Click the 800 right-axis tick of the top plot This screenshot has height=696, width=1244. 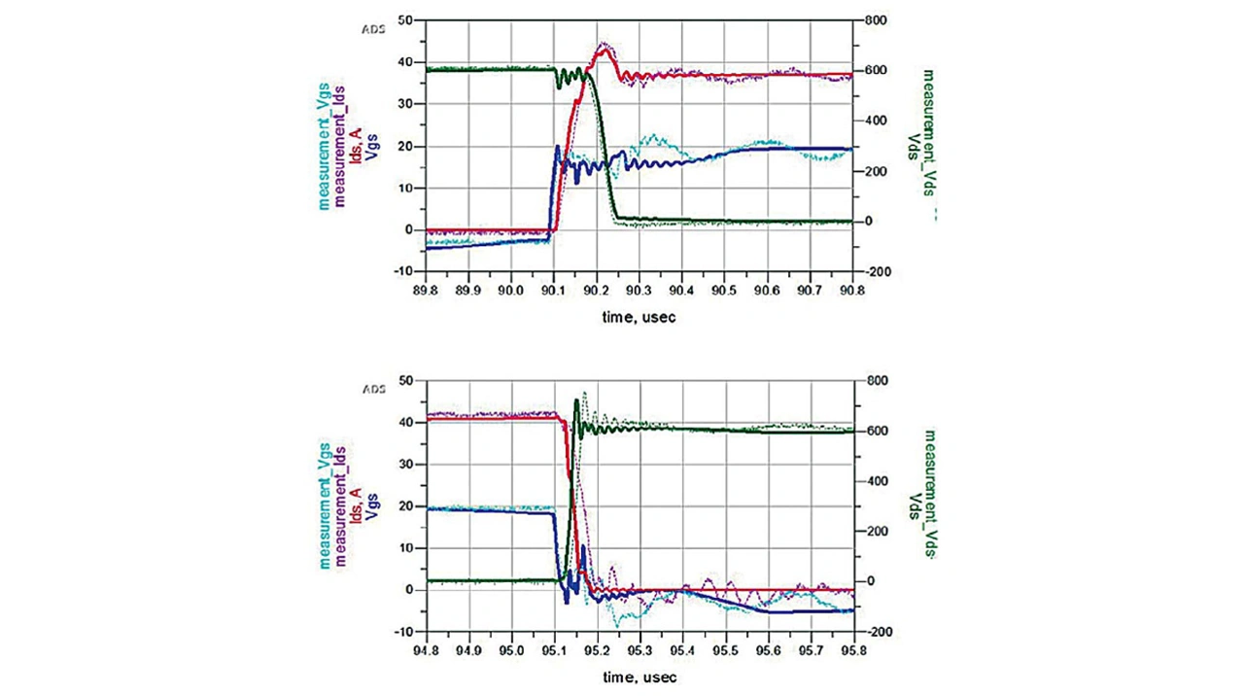click(871, 19)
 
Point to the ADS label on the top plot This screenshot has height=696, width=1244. click(374, 29)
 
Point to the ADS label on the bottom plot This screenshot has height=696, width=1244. click(374, 389)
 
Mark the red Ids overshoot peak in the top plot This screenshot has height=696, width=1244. click(604, 49)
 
